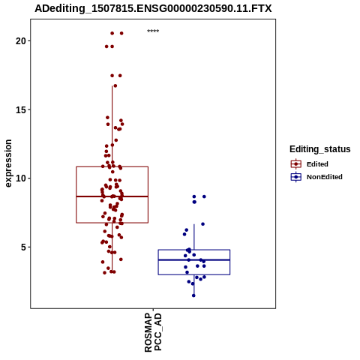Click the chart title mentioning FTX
tap(153, 8)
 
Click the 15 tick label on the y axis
tap(21, 109)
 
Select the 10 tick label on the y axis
tap(21, 178)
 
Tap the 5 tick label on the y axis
tap(23, 247)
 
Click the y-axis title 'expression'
tap(8, 163)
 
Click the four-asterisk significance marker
tap(153, 31)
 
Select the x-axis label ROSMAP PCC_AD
tap(153, 332)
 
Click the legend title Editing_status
tap(320, 149)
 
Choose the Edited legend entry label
tap(317, 164)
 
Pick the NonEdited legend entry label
tap(325, 177)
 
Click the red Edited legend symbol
tap(296, 164)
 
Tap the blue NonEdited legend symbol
tap(296, 177)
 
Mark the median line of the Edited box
tap(112, 196)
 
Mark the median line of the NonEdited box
tap(194, 260)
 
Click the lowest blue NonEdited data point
tap(193, 295)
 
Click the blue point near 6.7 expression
tap(202, 224)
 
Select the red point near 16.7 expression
tap(115, 85)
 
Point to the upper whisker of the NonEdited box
tap(194, 237)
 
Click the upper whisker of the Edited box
tap(112, 126)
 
